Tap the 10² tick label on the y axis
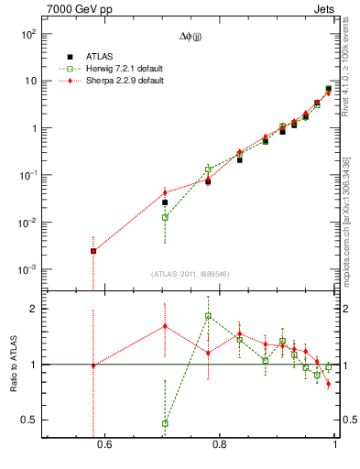tap(27, 34)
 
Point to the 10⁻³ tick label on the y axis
tap(27, 270)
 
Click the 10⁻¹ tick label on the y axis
tap(27, 176)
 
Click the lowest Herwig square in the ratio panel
tap(165, 423)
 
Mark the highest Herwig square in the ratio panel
tap(208, 316)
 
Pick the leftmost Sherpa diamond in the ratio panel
tap(93, 365)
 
